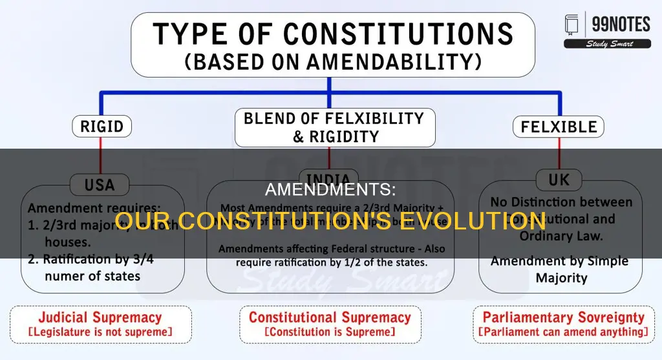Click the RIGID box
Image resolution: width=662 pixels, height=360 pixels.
tap(101, 126)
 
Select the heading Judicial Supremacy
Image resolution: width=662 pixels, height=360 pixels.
tap(100, 317)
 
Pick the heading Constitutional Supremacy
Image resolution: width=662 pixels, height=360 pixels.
tap(330, 317)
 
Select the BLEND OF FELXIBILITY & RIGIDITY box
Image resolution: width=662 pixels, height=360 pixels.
tap(334, 127)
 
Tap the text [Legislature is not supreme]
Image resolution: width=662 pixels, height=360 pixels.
tap(100, 332)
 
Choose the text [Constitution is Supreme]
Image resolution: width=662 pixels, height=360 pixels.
tap(330, 332)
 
